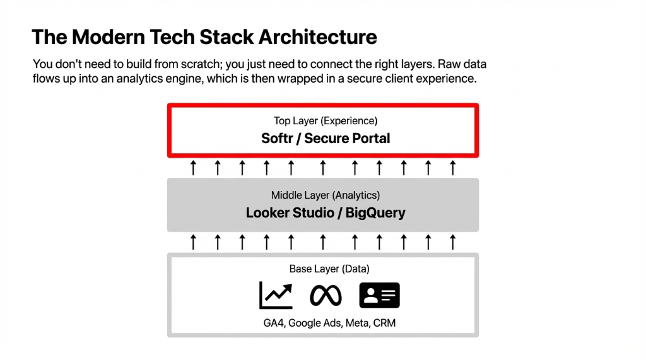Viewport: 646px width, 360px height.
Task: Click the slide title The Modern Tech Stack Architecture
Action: point(204,37)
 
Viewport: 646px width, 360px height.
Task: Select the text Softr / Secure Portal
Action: point(326,138)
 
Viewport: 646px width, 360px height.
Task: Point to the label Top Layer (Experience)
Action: point(326,120)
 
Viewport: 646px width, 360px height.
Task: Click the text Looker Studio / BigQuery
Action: point(326,212)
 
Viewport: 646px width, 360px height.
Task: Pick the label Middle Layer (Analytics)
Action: point(326,195)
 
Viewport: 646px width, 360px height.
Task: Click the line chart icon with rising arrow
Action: point(276,295)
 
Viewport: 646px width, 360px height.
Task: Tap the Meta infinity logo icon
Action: point(326,295)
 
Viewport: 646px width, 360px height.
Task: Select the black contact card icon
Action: point(379,295)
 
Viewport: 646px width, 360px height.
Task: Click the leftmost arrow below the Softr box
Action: point(194,168)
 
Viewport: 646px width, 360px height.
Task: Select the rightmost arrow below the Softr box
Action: point(452,168)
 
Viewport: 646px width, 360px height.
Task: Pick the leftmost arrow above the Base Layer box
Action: point(194,241)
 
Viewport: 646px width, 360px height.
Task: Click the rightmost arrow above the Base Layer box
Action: point(452,241)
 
